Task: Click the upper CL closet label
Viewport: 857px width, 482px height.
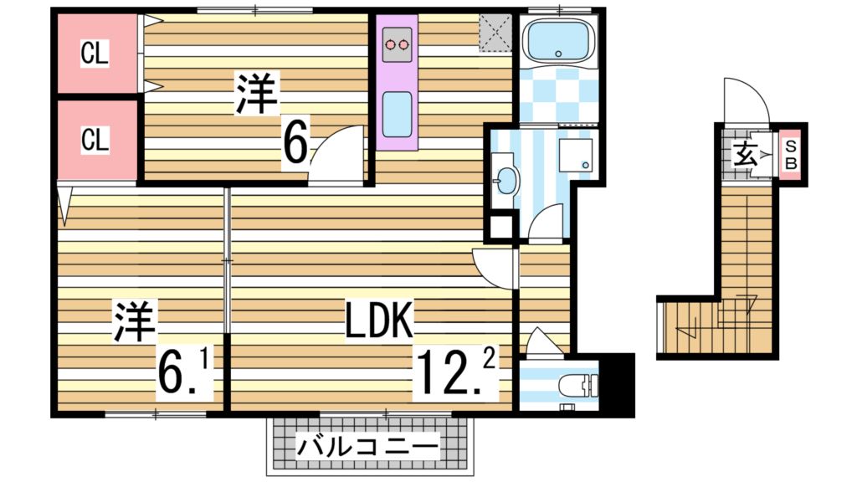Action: pos(94,54)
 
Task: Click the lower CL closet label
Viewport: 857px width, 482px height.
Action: pos(95,140)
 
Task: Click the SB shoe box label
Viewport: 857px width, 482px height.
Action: pos(791,153)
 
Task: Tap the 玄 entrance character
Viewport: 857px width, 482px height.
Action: pos(745,154)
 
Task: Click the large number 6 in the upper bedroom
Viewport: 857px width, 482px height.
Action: pos(295,142)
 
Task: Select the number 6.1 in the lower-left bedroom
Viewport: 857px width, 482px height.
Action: pos(183,372)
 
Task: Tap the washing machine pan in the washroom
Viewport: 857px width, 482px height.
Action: pos(577,155)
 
